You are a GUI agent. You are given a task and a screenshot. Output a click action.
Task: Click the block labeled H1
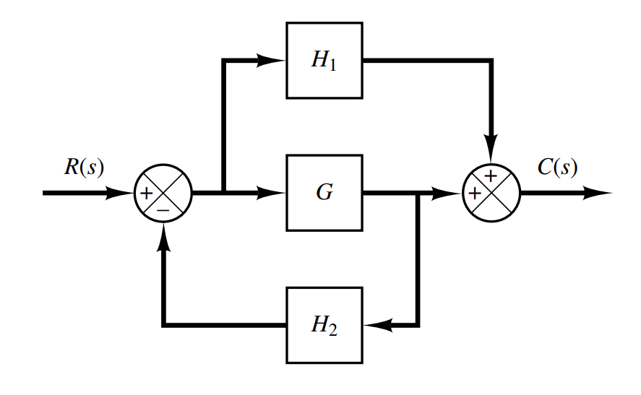324,61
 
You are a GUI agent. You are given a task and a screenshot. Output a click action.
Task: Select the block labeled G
324,194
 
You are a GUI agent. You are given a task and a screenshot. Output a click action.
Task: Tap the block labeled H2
324,326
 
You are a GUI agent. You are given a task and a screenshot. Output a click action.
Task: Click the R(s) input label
84,168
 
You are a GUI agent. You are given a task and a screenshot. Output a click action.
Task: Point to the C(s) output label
557,168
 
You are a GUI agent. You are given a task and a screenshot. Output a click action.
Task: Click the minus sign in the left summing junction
163,209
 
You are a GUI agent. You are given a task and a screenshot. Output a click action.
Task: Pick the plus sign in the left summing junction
146,194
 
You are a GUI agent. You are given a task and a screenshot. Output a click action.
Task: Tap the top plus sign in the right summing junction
491,176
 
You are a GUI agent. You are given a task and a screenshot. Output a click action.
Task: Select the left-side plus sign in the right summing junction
475,194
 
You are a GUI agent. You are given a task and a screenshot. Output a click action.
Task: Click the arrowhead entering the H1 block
273,61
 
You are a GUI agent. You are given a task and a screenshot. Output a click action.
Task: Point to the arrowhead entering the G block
273,194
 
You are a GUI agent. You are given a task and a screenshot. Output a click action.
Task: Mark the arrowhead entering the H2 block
376,326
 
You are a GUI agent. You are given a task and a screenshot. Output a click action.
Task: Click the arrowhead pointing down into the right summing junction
491,151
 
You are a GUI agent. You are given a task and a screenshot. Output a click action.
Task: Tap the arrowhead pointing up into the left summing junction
164,236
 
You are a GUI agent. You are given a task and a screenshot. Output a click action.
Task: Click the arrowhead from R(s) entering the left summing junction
121,194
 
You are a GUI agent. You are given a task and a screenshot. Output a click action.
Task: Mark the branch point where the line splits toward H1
225,194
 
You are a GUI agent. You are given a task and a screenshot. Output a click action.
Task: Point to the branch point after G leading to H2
418,194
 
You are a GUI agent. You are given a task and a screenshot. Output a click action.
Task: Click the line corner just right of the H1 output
491,61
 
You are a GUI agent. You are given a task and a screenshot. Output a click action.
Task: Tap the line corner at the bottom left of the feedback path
164,326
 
